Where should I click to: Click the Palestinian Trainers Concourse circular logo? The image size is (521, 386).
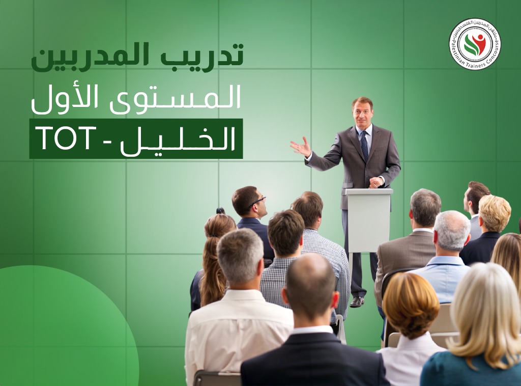(474, 44)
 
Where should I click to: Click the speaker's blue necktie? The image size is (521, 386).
(364, 145)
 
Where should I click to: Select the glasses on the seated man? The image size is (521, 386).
(257, 202)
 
